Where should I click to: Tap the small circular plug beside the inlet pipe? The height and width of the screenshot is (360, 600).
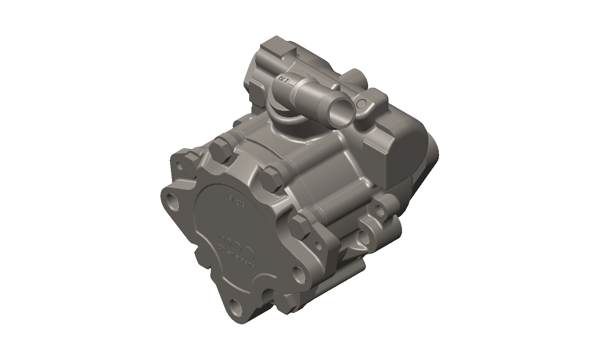[x=362, y=103]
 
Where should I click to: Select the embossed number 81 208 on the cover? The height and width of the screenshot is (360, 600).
[x=237, y=205]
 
